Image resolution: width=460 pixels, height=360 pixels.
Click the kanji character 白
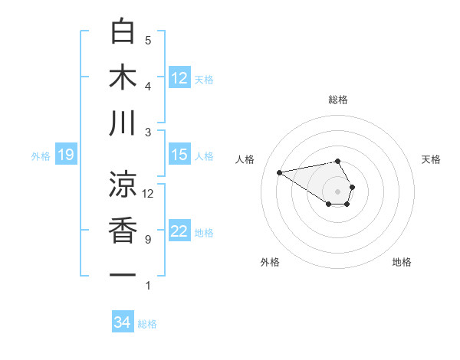click(x=123, y=31)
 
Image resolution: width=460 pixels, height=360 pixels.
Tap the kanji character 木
click(x=123, y=77)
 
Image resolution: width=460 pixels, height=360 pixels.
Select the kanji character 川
click(x=123, y=123)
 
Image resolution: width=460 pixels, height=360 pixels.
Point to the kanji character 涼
click(x=123, y=183)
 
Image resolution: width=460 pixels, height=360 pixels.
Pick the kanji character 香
click(x=123, y=230)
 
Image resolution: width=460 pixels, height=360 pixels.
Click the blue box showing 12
click(x=179, y=77)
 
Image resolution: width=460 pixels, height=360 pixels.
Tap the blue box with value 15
click(x=179, y=155)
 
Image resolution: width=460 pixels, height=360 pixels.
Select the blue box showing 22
click(x=179, y=231)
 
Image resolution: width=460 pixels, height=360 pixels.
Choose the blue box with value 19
click(x=65, y=155)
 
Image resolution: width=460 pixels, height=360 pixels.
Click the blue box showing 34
click(x=122, y=322)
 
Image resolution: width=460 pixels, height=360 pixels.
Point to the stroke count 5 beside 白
click(x=148, y=40)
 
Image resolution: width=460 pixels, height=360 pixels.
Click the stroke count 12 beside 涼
click(x=148, y=193)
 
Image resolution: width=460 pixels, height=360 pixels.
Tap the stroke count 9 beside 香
click(x=148, y=240)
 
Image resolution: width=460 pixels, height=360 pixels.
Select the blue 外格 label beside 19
click(x=41, y=156)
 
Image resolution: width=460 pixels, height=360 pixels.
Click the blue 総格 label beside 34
click(x=147, y=324)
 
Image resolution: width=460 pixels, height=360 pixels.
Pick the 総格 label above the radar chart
click(x=338, y=100)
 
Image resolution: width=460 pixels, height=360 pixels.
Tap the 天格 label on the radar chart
click(x=432, y=159)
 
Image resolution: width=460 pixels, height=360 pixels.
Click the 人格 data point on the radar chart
click(x=279, y=172)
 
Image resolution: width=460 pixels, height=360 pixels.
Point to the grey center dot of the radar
click(x=338, y=190)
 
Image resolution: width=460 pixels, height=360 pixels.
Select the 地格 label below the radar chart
click(x=402, y=262)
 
